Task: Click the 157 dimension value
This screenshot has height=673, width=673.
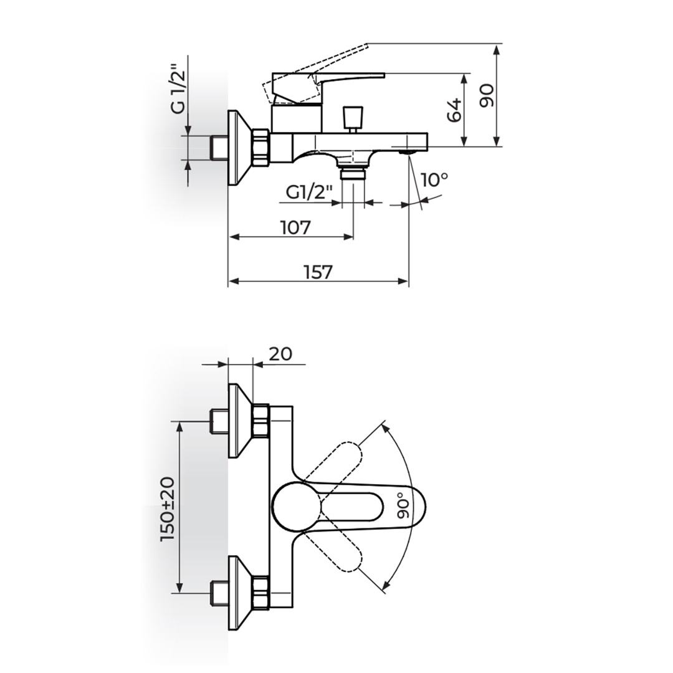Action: click(x=318, y=272)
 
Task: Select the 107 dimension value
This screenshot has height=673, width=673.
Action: click(x=295, y=227)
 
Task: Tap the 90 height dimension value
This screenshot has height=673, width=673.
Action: click(x=486, y=96)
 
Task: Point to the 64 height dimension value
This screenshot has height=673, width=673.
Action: click(x=454, y=110)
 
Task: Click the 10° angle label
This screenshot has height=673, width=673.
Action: click(x=434, y=180)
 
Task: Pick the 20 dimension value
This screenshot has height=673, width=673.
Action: click(x=280, y=354)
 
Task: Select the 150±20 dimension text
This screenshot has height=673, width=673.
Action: click(x=168, y=508)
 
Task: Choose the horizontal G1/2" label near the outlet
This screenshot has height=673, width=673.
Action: click(x=310, y=193)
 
